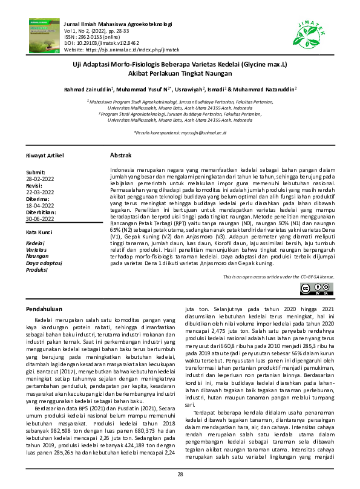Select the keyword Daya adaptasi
point(44,263)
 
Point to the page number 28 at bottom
point(180,474)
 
